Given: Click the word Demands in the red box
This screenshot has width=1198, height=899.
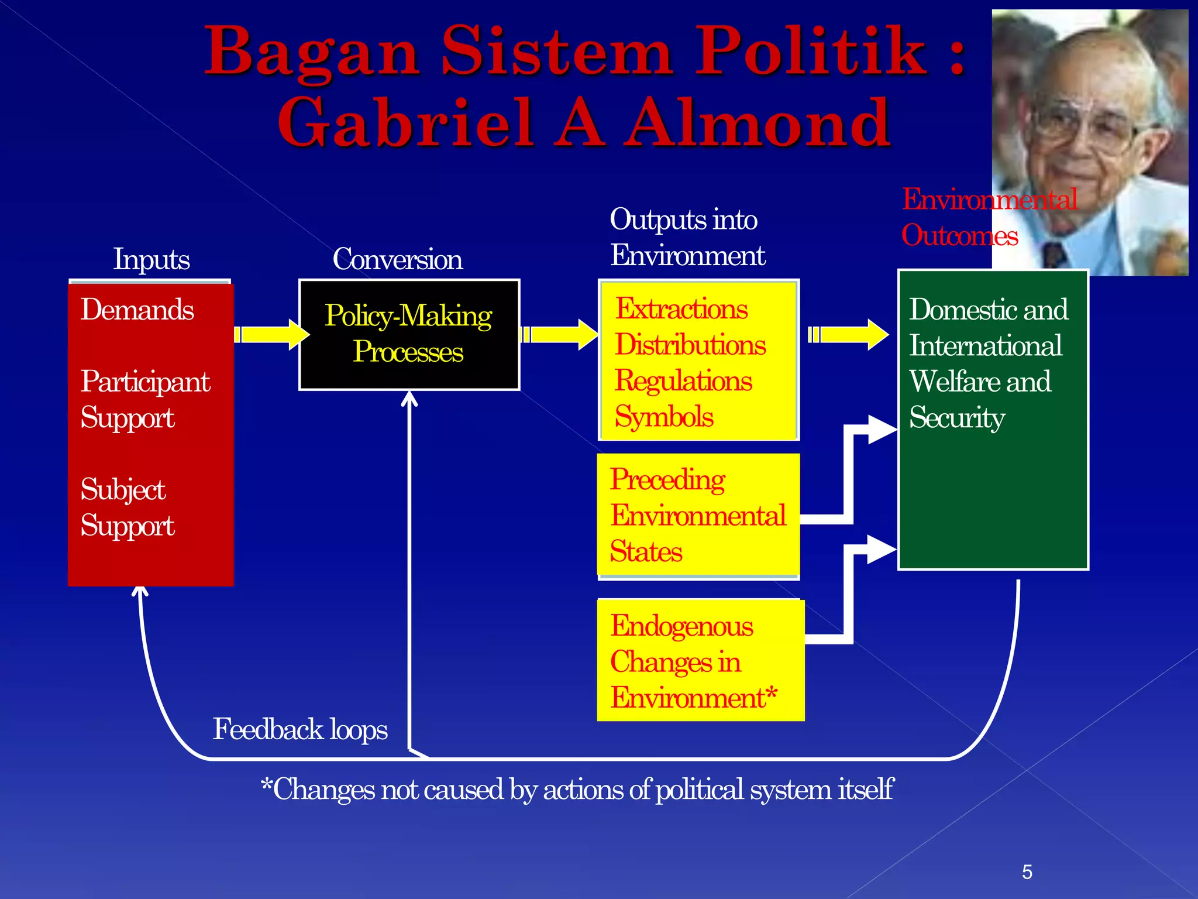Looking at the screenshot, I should point(137,310).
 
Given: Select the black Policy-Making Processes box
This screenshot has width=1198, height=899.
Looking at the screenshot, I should point(409,334).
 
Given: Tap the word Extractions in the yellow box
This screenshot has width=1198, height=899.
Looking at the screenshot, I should point(681,309).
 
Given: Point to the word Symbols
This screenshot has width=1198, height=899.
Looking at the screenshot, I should point(664,417).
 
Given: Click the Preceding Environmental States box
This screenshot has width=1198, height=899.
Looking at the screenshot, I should point(698,515).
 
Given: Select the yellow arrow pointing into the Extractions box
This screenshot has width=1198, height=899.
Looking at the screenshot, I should point(560,334).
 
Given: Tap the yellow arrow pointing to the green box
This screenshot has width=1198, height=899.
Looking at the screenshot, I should point(849,334).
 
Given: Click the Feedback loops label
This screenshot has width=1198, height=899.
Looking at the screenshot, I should point(300,729).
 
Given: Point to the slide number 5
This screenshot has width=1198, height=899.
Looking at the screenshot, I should point(1027,872).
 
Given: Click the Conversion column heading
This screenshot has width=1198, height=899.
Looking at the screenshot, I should point(397,259).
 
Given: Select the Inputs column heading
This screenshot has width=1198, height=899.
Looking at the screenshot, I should point(152,259).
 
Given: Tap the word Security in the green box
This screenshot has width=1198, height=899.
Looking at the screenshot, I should point(957,418).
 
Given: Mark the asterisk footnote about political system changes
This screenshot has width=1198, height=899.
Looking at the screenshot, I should point(577,790).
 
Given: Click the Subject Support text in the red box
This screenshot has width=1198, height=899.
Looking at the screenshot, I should point(128,507).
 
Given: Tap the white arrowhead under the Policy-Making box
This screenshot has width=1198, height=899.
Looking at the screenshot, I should point(409,399).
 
